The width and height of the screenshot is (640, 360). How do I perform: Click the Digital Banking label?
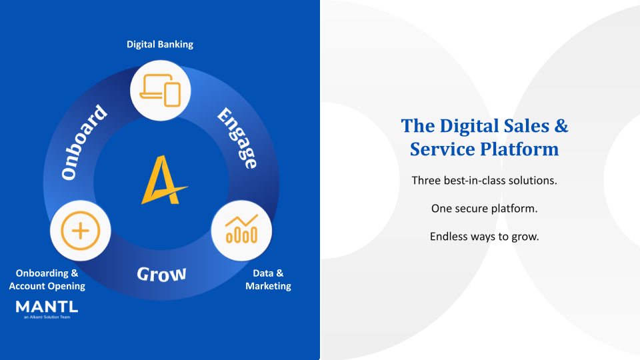160,45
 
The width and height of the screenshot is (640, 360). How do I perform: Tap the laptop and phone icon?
160,92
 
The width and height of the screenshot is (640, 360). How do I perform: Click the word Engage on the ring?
237,139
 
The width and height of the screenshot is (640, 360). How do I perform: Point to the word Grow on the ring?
161,273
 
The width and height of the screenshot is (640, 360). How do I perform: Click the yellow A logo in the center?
162,179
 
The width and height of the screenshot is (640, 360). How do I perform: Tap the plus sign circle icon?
80,231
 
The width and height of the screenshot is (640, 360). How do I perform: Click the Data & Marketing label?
268,279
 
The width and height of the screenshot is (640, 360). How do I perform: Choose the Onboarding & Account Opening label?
47,279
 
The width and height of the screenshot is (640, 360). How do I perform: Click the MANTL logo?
47,307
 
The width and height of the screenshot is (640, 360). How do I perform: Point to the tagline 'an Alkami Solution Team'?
47,317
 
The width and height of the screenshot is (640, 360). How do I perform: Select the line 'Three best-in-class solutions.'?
484,181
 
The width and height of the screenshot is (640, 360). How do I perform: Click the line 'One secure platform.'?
484,209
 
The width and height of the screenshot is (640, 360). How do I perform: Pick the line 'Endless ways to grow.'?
484,236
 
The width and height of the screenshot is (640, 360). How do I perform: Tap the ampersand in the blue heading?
561,125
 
